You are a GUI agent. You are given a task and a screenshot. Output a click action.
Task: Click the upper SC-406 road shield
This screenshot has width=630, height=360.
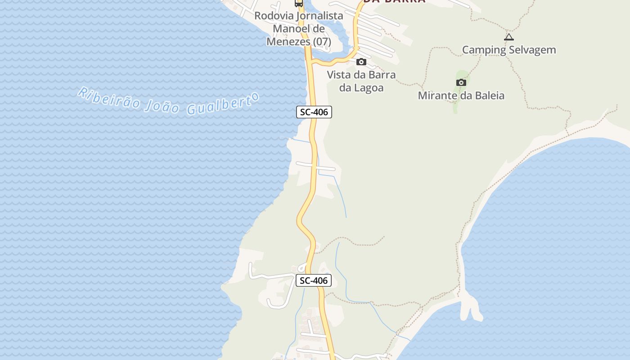[x=314, y=112]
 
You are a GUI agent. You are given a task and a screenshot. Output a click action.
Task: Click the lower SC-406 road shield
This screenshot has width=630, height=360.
[x=314, y=280]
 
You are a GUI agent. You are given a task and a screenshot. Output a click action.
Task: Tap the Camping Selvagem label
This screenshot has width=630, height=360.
[x=509, y=49]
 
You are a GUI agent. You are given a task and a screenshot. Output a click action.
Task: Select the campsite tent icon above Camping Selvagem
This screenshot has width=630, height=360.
[x=509, y=37]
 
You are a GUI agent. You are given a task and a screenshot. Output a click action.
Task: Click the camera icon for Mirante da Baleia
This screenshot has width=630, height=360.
[x=461, y=82]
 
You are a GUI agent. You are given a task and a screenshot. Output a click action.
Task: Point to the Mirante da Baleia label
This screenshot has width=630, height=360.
[x=461, y=95]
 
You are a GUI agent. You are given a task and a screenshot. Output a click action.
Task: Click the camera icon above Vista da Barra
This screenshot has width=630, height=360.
[x=361, y=62]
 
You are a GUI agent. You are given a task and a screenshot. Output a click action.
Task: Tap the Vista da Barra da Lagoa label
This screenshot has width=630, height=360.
[x=361, y=81]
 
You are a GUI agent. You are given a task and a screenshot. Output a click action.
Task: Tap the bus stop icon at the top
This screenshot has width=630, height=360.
[x=299, y=3]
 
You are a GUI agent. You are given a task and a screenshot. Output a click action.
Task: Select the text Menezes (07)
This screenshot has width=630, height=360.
[x=299, y=42]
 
